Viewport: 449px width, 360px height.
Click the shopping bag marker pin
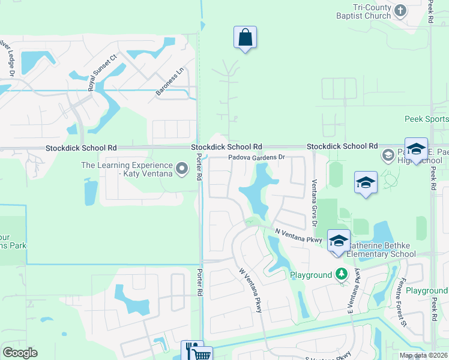coord(245,38)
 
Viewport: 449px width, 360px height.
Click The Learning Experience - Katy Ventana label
coord(126,169)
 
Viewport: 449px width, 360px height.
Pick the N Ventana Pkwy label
coord(299,235)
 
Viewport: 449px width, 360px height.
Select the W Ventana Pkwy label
coord(250,290)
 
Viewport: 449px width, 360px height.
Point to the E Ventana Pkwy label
coord(353,291)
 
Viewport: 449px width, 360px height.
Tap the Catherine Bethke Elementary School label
coord(381,249)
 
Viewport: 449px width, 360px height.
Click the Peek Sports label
coord(426,119)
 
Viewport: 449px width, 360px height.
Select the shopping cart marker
coord(203,355)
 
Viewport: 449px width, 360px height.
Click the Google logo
coord(20,353)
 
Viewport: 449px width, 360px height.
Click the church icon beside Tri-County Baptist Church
coord(400,10)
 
